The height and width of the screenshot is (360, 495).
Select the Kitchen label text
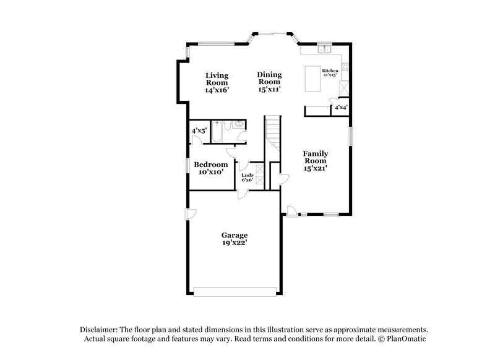pyautogui.click(x=330, y=71)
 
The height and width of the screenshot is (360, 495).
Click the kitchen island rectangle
pyautogui.click(x=314, y=78)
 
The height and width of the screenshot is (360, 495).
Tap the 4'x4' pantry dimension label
pyautogui.click(x=340, y=108)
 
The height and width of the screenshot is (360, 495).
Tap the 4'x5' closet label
pyautogui.click(x=199, y=131)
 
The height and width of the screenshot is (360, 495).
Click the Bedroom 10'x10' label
pyautogui.click(x=210, y=168)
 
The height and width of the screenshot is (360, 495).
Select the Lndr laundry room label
pyautogui.click(x=247, y=176)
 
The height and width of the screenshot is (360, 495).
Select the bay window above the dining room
pyautogui.click(x=272, y=34)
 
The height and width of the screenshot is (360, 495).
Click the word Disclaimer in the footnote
pyautogui.click(x=100, y=330)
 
